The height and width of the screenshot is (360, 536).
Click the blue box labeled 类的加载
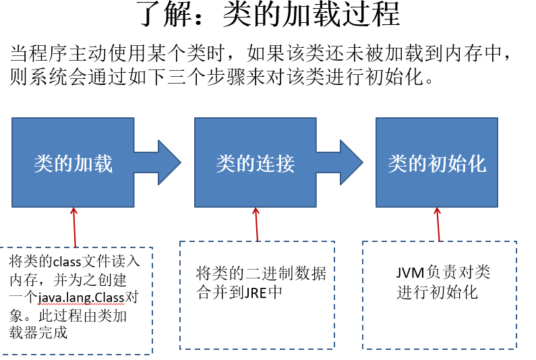(x=73, y=163)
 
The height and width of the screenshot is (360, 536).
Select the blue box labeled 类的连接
(x=256, y=163)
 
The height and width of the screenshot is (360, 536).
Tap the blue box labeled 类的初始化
(x=437, y=163)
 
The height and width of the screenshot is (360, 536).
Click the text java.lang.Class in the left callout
(x=80, y=297)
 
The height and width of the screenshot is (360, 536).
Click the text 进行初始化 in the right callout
(x=437, y=292)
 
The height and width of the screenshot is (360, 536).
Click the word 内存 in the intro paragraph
(x=469, y=53)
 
